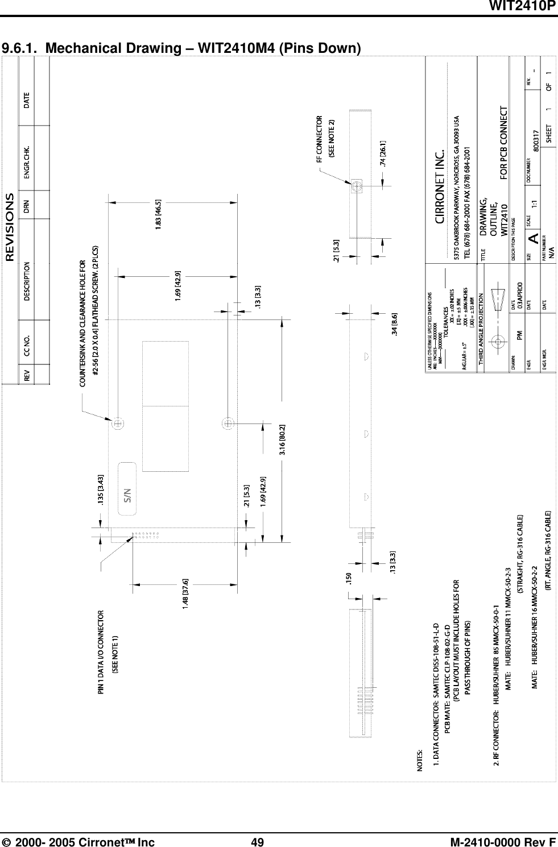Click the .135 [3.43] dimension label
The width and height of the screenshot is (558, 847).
pos(101,489)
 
